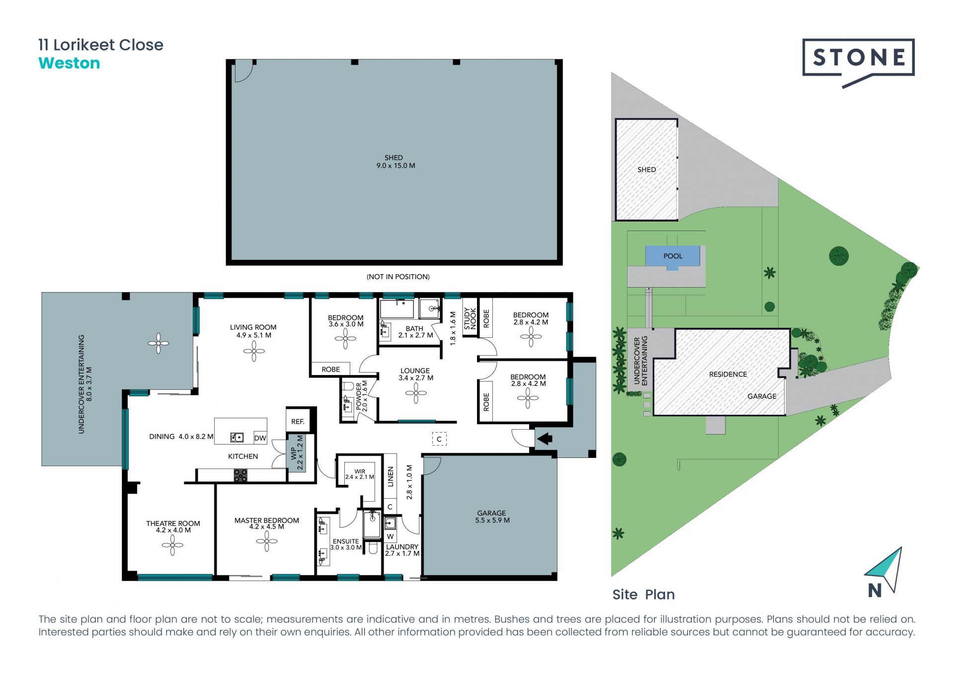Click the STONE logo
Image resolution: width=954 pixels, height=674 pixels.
pyautogui.click(x=858, y=58)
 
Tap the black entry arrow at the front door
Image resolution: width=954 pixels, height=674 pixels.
pyautogui.click(x=545, y=439)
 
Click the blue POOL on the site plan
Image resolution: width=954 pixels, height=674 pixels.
pyautogui.click(x=673, y=256)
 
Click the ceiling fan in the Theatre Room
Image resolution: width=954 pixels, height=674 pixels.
pyautogui.click(x=172, y=545)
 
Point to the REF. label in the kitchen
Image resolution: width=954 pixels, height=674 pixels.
pyautogui.click(x=298, y=421)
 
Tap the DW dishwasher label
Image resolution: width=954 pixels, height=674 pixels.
pyautogui.click(x=260, y=438)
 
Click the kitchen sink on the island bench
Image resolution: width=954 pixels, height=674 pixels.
pyautogui.click(x=237, y=438)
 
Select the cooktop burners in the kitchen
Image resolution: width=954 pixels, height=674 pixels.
pyautogui.click(x=240, y=475)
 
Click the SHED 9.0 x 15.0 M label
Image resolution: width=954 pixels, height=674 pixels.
pyautogui.click(x=396, y=161)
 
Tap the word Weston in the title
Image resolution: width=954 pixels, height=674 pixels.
pyautogui.click(x=69, y=63)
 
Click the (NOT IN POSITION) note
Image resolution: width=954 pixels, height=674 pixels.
pyautogui.click(x=398, y=277)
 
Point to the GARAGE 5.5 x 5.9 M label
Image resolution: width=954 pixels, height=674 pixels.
pyautogui.click(x=492, y=517)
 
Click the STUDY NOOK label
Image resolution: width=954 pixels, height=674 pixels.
pyautogui.click(x=470, y=318)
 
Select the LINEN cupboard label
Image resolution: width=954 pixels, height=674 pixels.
pyautogui.click(x=391, y=476)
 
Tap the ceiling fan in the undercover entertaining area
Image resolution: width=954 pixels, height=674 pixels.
pyautogui.click(x=159, y=343)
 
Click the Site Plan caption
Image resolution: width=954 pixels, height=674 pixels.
pyautogui.click(x=643, y=595)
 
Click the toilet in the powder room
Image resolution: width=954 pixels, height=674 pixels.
pyautogui.click(x=348, y=386)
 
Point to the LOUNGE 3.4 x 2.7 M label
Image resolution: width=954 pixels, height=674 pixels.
pyautogui.click(x=415, y=374)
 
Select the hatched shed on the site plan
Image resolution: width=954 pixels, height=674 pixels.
pyautogui.click(x=646, y=169)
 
